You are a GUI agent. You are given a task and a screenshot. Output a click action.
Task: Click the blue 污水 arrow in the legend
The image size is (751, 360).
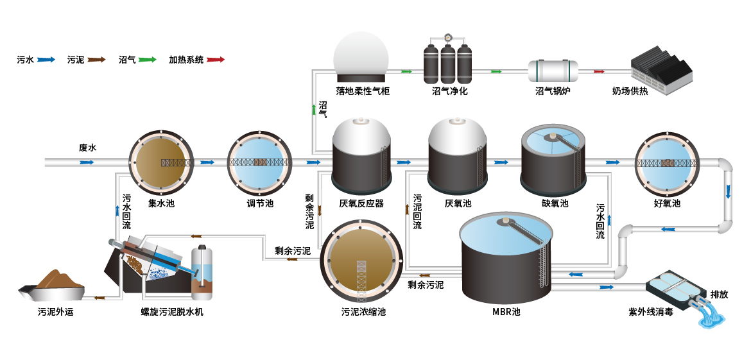(46, 60)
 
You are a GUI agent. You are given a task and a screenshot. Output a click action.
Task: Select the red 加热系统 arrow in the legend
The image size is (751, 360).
(215, 60)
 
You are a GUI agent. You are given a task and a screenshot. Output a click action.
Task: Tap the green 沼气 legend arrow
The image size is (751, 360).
(146, 60)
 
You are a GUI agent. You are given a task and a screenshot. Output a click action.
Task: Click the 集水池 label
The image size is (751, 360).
(161, 203)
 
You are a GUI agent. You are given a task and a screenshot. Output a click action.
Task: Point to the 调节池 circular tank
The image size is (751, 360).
(260, 162)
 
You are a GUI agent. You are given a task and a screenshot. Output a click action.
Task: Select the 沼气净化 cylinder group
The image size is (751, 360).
(448, 62)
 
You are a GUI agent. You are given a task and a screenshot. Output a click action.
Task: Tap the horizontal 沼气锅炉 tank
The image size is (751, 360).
(553, 70)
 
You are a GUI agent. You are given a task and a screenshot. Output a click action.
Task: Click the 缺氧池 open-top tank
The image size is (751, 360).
(553, 160)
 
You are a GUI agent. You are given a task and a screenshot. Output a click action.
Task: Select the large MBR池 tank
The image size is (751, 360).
(507, 257)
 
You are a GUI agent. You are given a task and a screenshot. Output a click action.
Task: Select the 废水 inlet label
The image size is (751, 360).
(87, 148)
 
